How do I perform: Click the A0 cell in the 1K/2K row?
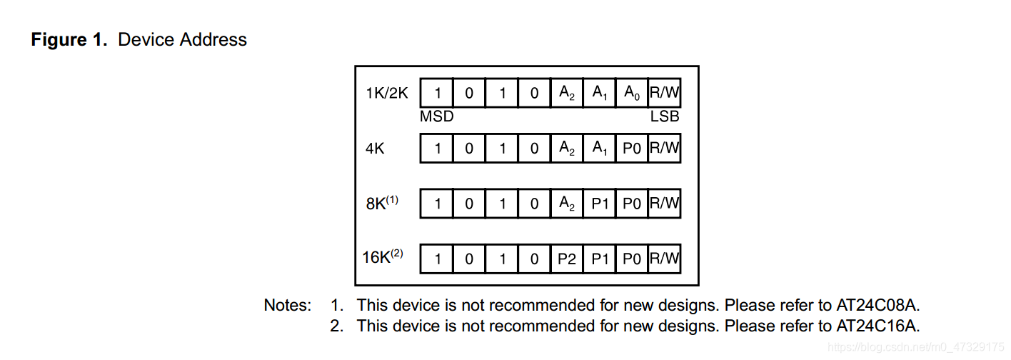pos(632,93)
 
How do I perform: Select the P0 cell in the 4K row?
pos(632,148)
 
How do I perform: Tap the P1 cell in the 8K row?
pos(599,204)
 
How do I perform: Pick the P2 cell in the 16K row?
pos(566,259)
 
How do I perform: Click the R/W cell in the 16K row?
pos(664,259)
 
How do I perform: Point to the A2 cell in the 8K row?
pos(566,204)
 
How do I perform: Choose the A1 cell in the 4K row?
pos(599,148)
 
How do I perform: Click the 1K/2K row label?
pos(387,93)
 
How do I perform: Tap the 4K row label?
pos(376,149)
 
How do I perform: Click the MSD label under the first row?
pos(436,116)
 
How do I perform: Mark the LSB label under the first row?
pos(664,116)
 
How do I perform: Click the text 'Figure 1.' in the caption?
pos(69,39)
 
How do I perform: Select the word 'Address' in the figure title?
pos(213,39)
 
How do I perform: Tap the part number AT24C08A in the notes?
pos(878,306)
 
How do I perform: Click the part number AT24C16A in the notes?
pos(878,326)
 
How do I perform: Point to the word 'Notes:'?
pos(288,306)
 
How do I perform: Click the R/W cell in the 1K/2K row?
pos(664,93)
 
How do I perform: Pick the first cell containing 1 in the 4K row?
pos(437,148)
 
